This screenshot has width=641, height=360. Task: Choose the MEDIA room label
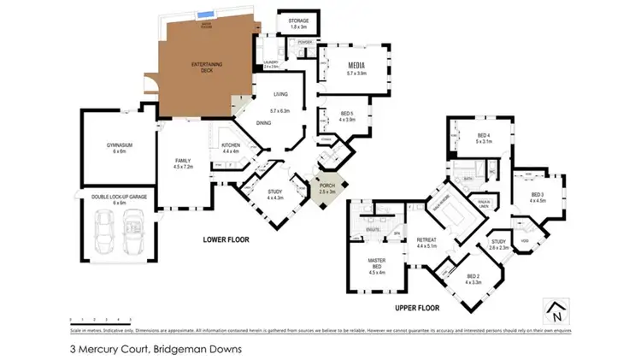356,66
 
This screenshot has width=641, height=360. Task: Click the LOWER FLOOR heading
226,240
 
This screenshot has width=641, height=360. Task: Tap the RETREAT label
426,242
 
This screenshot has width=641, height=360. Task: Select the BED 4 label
483,137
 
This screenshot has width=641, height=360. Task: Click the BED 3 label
537,196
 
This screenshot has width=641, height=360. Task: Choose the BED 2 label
473,277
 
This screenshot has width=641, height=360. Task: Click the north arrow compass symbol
557,310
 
